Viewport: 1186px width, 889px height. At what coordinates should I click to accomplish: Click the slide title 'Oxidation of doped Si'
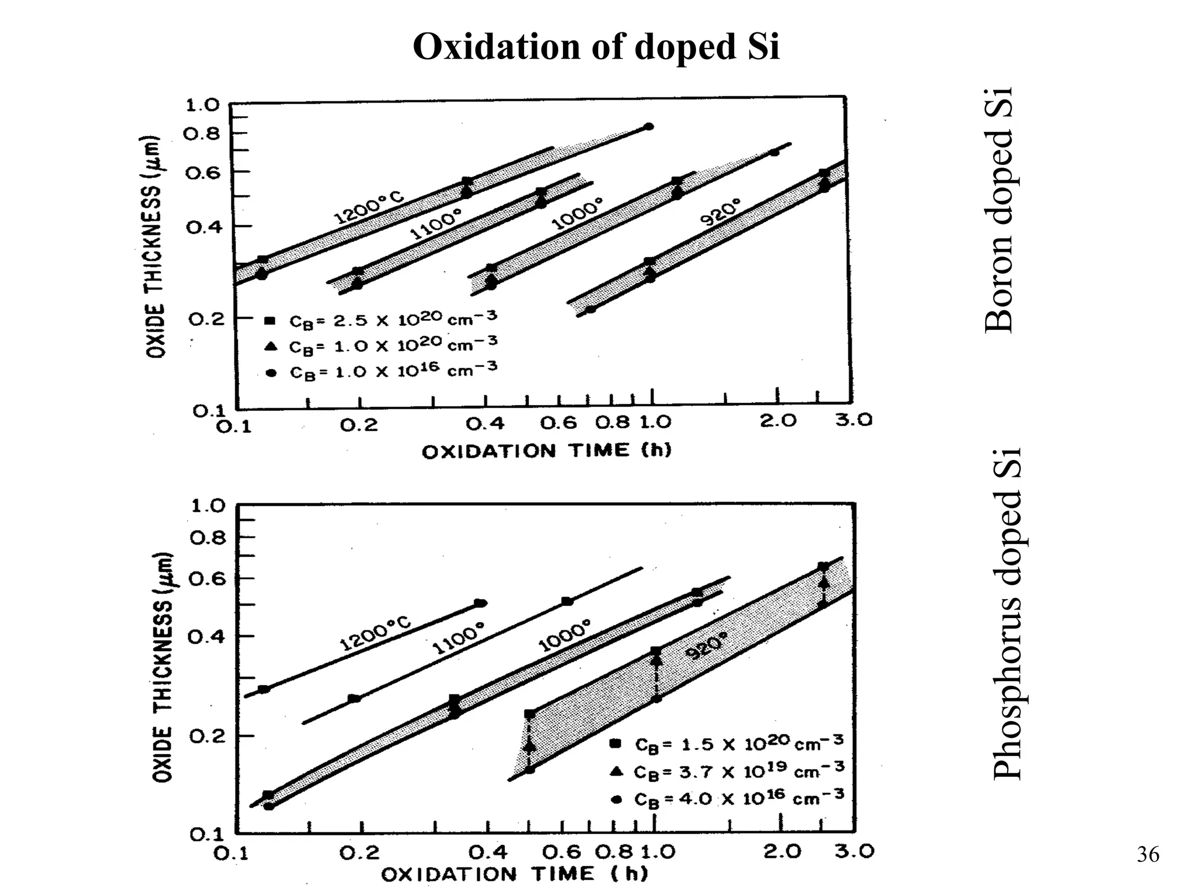pos(596,46)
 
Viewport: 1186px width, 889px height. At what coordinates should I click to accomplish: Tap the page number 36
pos(1148,854)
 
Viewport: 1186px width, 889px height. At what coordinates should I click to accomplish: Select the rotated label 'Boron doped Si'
pos(999,211)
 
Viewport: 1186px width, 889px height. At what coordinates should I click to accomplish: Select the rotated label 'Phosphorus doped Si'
pos(1006,614)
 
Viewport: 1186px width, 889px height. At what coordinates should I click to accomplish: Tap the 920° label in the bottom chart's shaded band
pos(706,646)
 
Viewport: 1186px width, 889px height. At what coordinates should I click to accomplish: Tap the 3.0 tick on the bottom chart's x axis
pos(855,851)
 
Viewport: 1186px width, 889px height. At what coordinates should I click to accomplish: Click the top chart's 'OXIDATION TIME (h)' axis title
pos(546,451)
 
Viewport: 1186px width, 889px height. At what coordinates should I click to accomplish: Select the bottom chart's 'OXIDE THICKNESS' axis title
pos(163,666)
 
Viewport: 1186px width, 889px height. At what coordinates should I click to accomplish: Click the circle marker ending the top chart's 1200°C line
pos(649,126)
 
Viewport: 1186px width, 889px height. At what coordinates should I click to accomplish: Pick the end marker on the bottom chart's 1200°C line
pos(480,603)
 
